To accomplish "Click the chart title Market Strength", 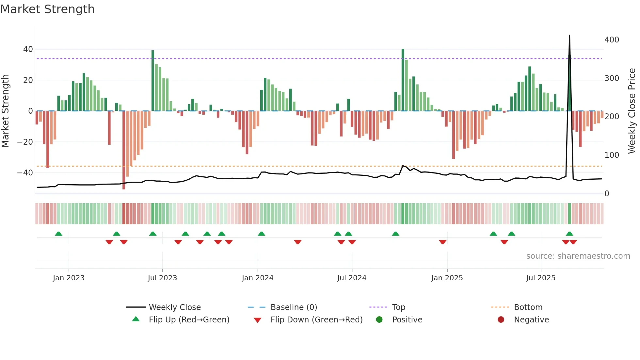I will [x=48, y=9].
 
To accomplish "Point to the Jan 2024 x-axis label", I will [x=257, y=278].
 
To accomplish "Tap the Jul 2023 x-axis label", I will [x=162, y=278].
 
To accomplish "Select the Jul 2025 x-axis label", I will [x=540, y=278].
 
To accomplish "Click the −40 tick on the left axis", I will [x=25, y=172].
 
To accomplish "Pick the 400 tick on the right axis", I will [x=612, y=40].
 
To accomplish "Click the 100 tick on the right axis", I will [x=612, y=155].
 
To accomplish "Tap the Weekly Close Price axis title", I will [x=632, y=111].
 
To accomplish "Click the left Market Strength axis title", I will [x=6, y=111].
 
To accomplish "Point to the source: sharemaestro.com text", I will [x=578, y=256].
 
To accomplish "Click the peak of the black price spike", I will [x=569, y=35].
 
